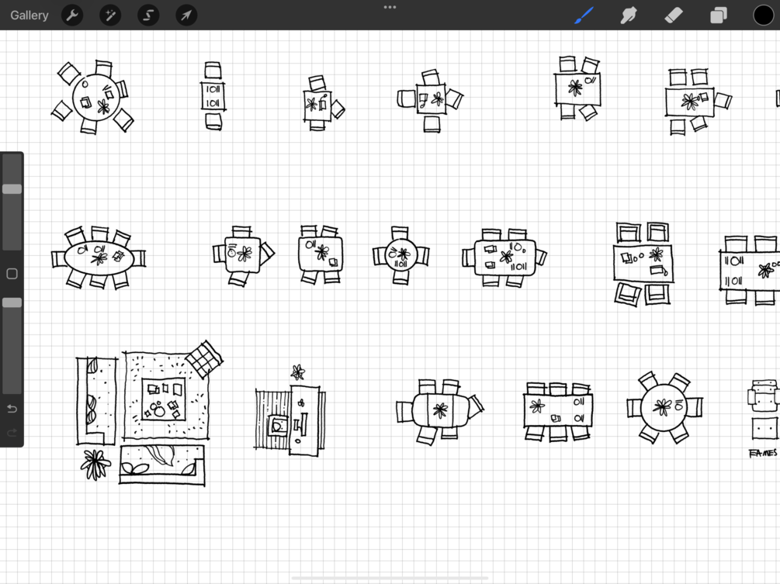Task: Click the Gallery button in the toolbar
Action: click(29, 16)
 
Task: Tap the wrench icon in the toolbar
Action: click(72, 16)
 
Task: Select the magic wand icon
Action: click(110, 16)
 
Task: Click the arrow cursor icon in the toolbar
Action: click(186, 16)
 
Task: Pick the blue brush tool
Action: click(584, 15)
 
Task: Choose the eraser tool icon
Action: click(674, 15)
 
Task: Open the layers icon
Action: click(719, 16)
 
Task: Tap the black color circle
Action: click(763, 15)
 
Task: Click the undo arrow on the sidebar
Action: click(12, 409)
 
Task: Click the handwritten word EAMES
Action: click(763, 453)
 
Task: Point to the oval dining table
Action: click(99, 257)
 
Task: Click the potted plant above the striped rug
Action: click(297, 372)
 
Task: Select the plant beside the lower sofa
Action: click(95, 465)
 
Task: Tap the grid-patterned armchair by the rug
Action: click(204, 359)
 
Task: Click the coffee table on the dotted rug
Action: click(164, 399)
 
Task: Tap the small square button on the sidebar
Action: click(12, 274)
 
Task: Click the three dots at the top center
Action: click(390, 7)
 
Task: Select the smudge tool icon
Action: click(629, 15)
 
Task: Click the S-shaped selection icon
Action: click(148, 16)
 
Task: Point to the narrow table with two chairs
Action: click(213, 96)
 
